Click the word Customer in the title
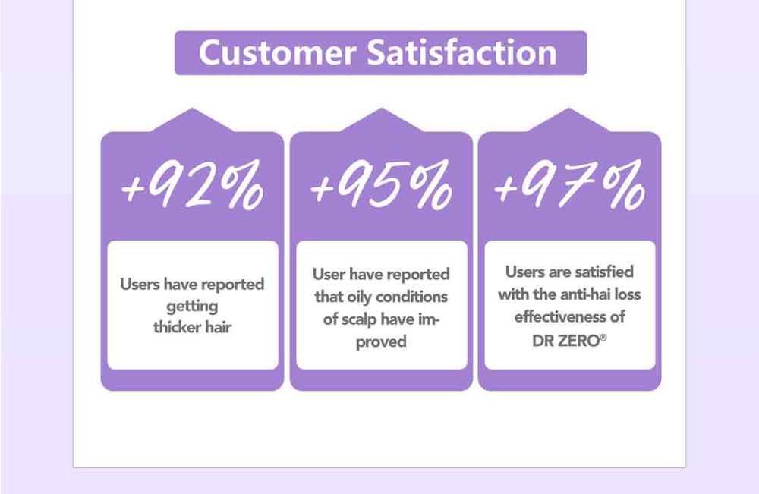[x=277, y=52]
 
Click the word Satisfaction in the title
[x=461, y=52]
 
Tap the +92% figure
[x=192, y=185]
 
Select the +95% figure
[x=381, y=185]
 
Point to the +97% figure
[x=569, y=185]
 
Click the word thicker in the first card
[x=176, y=327]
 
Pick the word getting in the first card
[x=192, y=307]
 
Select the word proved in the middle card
[x=381, y=342]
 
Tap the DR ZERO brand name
[x=566, y=341]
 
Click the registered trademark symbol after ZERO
[x=603, y=337]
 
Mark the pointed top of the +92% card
[x=192, y=108]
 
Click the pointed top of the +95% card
[x=382, y=108]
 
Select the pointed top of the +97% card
[x=569, y=108]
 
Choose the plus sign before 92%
[x=133, y=189]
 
